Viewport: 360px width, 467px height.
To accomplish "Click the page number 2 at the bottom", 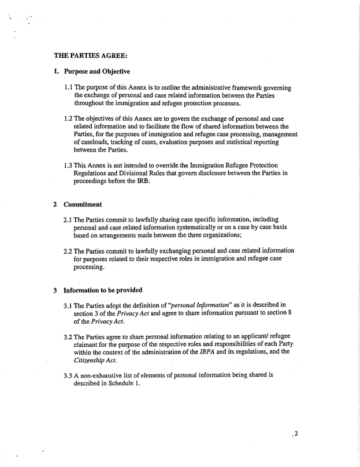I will (x=295, y=435).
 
